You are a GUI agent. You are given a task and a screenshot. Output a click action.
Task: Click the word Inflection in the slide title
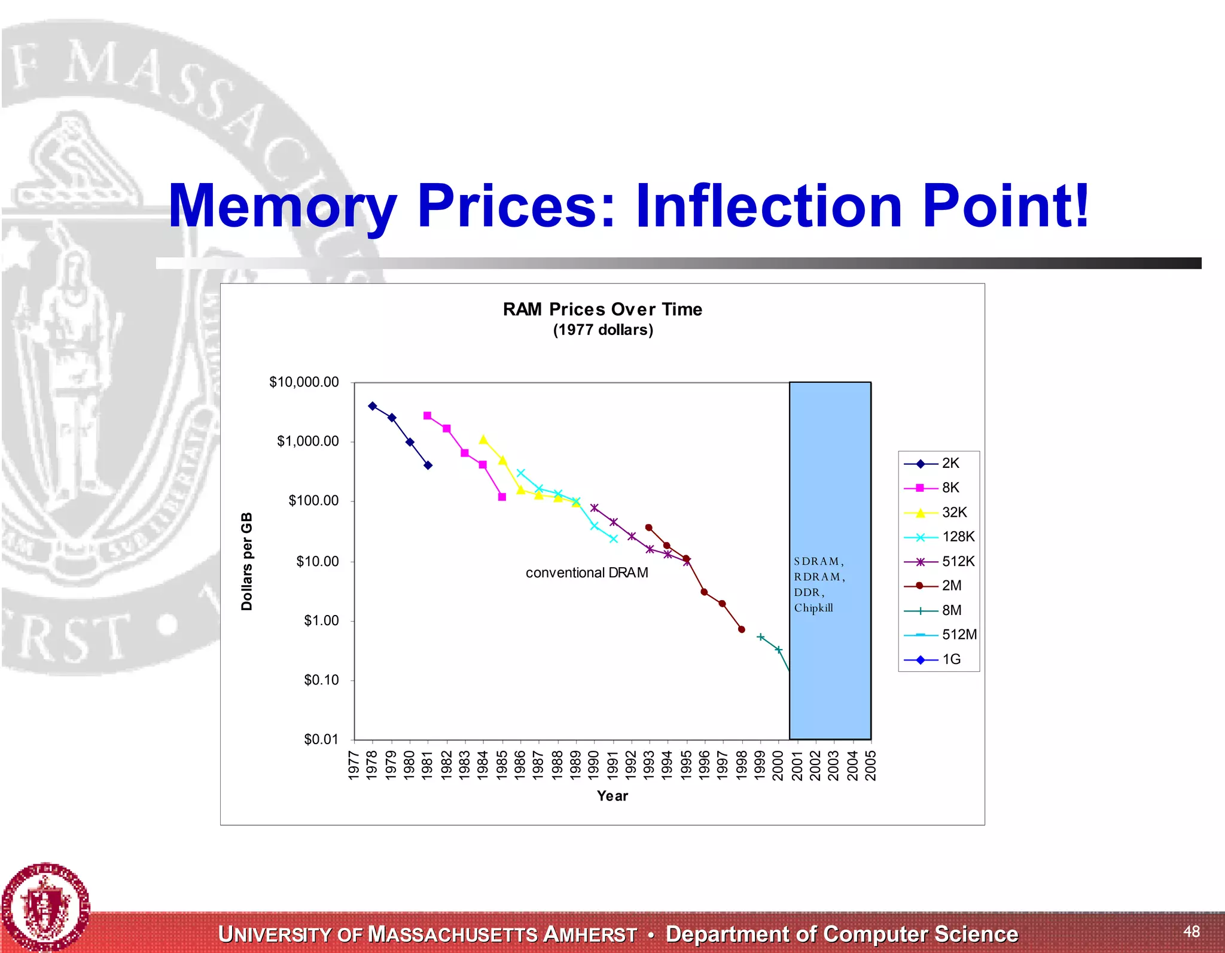pyautogui.click(x=769, y=206)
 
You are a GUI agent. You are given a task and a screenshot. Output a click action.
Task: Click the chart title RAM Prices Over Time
pyautogui.click(x=602, y=309)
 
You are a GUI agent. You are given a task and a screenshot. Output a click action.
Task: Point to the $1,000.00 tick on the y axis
pyautogui.click(x=307, y=442)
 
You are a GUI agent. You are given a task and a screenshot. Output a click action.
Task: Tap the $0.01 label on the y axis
pyautogui.click(x=321, y=739)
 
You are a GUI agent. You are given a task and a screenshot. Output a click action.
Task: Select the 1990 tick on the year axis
pyautogui.click(x=594, y=766)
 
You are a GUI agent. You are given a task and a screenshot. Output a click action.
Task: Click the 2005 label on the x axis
pyautogui.click(x=871, y=766)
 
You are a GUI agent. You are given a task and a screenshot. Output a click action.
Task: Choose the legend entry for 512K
pyautogui.click(x=957, y=561)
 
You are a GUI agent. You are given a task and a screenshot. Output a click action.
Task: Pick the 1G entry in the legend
pyautogui.click(x=951, y=659)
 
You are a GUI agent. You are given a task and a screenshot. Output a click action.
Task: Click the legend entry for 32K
pyautogui.click(x=954, y=513)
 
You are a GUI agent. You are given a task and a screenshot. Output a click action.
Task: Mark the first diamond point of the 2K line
pyautogui.click(x=373, y=406)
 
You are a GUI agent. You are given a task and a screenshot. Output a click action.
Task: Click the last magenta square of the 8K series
pyautogui.click(x=502, y=497)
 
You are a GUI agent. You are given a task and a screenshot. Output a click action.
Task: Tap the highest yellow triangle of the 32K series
pyautogui.click(x=483, y=440)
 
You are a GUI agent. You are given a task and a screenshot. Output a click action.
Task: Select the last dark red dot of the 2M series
pyautogui.click(x=742, y=629)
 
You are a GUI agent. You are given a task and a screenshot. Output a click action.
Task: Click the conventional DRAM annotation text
pyautogui.click(x=587, y=573)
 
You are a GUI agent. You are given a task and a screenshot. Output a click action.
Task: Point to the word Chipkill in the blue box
pyautogui.click(x=813, y=608)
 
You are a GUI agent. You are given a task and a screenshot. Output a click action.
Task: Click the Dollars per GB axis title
pyautogui.click(x=246, y=561)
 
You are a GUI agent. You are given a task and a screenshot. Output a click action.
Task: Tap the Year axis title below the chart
pyautogui.click(x=612, y=796)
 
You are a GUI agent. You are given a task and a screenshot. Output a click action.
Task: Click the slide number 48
pyautogui.click(x=1191, y=931)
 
